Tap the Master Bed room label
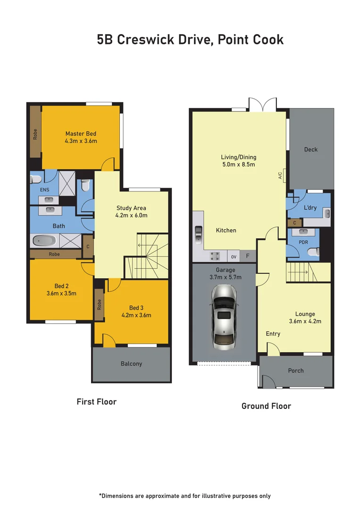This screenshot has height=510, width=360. (81, 134)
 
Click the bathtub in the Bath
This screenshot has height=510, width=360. (44, 241)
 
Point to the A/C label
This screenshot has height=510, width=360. (280, 176)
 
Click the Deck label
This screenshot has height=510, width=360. (310, 149)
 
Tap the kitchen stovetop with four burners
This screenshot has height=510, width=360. (215, 256)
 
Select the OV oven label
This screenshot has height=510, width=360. (234, 257)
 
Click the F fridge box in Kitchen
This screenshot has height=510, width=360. (248, 256)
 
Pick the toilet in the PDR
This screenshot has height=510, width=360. (313, 253)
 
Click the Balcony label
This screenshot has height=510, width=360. (131, 364)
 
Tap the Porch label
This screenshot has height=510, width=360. (296, 371)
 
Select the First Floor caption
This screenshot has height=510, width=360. (96, 402)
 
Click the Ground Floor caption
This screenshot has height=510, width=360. (266, 406)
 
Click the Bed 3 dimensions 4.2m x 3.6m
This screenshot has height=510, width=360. (136, 315)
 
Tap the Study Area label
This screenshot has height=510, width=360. (131, 208)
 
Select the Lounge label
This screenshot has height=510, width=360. (305, 314)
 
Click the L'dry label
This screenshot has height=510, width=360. (310, 208)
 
